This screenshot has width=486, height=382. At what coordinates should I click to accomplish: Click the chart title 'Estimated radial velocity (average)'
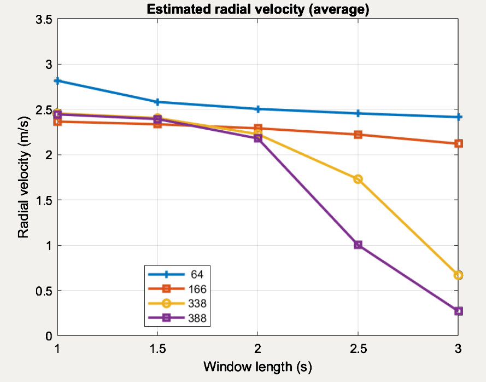[257, 9]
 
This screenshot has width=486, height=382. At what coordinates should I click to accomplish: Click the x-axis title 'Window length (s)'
[257, 366]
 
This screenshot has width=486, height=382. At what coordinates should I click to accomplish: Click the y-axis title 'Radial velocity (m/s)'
[23, 178]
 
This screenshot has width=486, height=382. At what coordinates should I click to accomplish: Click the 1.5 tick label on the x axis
[157, 349]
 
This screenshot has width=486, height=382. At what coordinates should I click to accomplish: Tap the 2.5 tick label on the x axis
[358, 349]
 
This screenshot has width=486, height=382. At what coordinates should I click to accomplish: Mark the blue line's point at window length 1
[57, 81]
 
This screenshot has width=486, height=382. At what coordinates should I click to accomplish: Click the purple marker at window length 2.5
[358, 245]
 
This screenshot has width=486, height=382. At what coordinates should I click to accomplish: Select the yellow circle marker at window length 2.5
[358, 179]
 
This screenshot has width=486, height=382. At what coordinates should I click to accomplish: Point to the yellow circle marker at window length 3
[458, 275]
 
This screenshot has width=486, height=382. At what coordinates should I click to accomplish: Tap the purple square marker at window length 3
[458, 311]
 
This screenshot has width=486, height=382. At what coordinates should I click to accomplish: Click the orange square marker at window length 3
[458, 144]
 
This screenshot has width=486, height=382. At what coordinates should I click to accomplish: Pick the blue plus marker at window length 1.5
[157, 102]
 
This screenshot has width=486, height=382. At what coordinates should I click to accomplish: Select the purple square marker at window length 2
[257, 138]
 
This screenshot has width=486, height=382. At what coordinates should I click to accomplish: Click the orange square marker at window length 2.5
[358, 135]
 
